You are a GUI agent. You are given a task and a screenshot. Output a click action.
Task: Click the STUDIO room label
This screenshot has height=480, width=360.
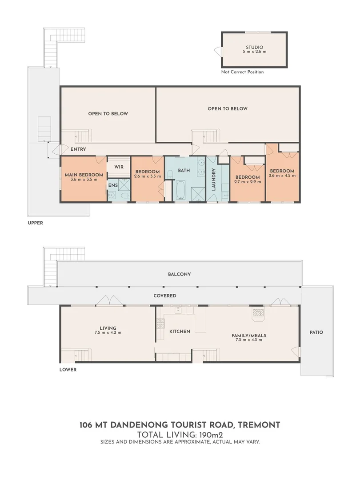(254, 48)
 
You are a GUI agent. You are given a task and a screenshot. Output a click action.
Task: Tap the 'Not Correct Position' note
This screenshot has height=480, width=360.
(243, 72)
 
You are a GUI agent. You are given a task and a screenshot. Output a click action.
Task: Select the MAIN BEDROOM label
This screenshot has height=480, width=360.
(84, 175)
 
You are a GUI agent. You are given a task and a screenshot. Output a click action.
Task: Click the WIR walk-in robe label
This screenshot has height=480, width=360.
(119, 167)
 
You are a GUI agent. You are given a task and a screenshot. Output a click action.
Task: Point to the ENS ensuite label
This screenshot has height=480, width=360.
(113, 185)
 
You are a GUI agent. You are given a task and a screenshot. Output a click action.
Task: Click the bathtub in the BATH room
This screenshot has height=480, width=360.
(181, 190)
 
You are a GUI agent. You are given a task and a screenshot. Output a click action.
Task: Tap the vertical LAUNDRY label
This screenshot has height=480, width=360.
(214, 180)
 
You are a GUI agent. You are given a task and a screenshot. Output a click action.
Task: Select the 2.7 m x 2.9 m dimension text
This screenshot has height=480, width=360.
(248, 182)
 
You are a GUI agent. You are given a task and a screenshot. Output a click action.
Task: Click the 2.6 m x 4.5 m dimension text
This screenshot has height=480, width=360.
(282, 176)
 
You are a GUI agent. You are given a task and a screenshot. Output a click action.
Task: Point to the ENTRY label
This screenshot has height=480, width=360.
(78, 149)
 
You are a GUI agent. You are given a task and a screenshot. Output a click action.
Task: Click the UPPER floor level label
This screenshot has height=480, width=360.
(36, 223)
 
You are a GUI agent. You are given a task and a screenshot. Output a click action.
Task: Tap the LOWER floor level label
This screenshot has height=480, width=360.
(68, 369)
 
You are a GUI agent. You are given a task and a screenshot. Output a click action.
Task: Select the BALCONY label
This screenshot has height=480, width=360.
(180, 274)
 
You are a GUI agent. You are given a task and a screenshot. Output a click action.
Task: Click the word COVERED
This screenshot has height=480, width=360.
(165, 296)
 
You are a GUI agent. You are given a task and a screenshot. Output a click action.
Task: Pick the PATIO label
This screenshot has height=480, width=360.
(316, 332)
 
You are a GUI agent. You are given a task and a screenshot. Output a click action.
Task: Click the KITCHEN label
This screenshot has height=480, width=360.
(180, 331)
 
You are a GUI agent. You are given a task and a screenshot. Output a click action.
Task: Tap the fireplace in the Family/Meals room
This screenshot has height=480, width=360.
(258, 314)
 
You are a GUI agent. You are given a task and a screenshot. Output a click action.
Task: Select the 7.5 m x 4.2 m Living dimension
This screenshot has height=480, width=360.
(108, 332)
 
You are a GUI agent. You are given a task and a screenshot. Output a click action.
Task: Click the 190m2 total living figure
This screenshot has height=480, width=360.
(211, 435)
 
